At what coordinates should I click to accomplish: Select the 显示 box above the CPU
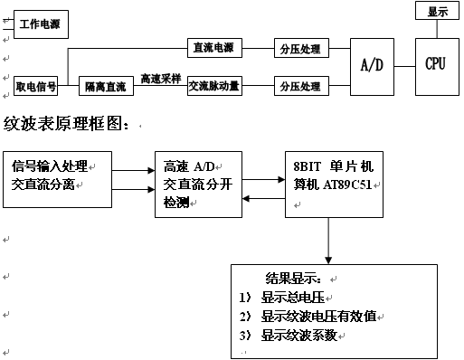pyautogui.click(x=437, y=12)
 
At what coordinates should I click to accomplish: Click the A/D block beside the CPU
pyautogui.click(x=372, y=65)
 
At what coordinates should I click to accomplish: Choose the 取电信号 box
pyautogui.click(x=37, y=87)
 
